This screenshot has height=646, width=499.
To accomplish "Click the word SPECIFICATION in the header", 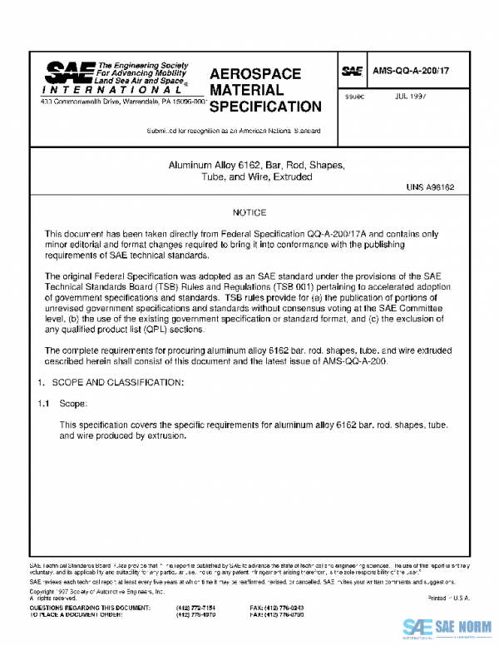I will pyautogui.click(x=265, y=107).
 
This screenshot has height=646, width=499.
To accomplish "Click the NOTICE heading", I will pyautogui.click(x=249, y=214).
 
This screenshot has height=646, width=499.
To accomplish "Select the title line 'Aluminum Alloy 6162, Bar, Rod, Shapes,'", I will pyautogui.click(x=249, y=165).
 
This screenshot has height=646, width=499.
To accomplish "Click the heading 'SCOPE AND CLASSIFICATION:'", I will pyautogui.click(x=111, y=381).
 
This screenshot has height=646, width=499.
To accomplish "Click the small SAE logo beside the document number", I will pyautogui.click(x=353, y=72).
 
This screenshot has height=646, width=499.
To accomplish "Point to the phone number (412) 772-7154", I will pyautogui.click(x=193, y=609).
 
